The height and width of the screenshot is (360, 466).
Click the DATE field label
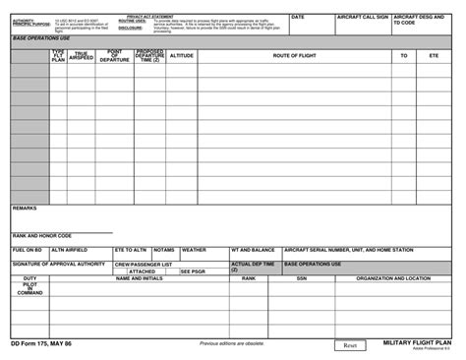(298, 18)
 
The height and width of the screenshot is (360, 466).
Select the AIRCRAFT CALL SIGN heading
(362, 18)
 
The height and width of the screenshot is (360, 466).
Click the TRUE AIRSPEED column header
(80, 57)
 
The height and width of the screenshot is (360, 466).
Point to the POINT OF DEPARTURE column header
(114, 57)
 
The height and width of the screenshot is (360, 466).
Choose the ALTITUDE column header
(181, 56)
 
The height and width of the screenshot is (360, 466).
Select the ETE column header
(434, 56)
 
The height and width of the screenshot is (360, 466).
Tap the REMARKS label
(25, 209)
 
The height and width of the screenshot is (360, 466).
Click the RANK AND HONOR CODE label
(42, 236)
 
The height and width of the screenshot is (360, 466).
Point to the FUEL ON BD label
(28, 250)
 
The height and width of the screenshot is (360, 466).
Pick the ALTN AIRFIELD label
(70, 250)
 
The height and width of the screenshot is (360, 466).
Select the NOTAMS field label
(164, 250)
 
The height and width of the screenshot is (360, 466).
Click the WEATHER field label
(194, 250)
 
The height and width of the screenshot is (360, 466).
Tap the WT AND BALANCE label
(253, 250)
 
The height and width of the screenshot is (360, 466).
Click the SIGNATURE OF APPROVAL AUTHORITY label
(58, 264)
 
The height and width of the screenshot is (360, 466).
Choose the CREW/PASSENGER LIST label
(144, 265)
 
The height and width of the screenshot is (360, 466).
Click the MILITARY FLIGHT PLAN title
(417, 343)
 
